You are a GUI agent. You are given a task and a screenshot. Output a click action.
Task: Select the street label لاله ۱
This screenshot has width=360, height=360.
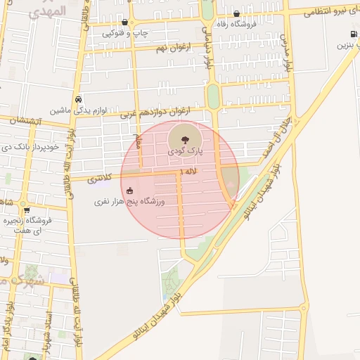(188, 172)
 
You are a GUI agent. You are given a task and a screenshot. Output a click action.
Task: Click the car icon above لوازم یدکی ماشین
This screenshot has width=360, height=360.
(78, 99)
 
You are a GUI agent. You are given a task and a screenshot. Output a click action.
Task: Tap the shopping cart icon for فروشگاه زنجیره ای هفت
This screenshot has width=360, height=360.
(26, 210)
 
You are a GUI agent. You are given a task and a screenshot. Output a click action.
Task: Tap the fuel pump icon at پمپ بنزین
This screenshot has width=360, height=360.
(352, 34)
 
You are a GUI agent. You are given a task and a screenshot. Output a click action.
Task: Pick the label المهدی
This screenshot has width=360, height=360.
(49, 11)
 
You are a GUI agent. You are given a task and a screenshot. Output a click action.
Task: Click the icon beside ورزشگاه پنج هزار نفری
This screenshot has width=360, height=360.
(129, 190)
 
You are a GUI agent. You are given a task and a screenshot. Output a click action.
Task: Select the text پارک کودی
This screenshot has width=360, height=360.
(185, 151)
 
